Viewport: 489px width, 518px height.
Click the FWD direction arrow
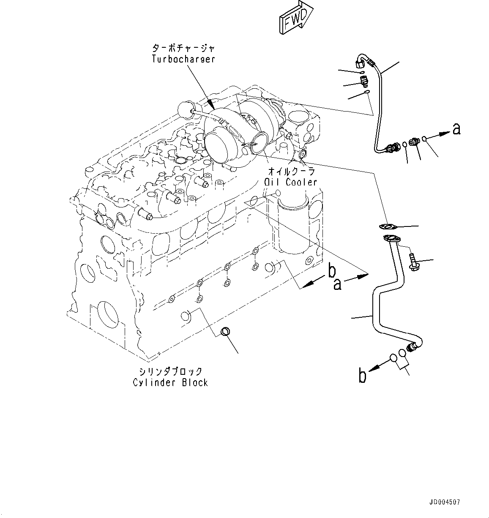(295, 17)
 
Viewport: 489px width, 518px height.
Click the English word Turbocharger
(183, 59)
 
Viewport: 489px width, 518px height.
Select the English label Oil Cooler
(290, 182)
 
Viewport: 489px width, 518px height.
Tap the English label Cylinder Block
(170, 383)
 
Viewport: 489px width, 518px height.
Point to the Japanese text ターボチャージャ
(183, 48)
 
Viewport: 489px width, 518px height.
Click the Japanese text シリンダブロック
(170, 371)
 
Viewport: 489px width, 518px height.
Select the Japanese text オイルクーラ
(292, 172)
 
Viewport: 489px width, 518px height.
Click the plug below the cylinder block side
(225, 331)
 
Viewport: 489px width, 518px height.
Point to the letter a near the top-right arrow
(456, 128)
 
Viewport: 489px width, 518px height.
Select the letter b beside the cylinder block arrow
(332, 272)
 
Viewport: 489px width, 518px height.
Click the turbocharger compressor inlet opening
(216, 144)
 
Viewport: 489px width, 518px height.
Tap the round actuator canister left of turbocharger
(186, 109)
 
